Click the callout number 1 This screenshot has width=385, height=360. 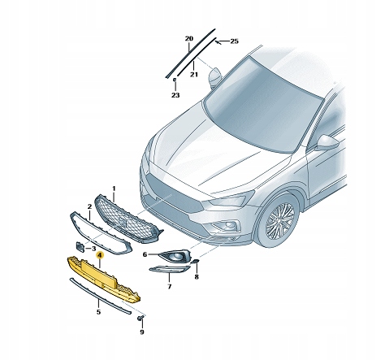point(114,188)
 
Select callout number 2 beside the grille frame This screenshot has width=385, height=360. point(89,207)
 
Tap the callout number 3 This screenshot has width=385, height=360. point(94,248)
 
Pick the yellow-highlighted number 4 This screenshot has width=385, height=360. point(99,254)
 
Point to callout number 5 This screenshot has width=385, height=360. point(98,310)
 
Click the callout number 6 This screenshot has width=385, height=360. point(145,254)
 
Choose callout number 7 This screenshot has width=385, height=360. point(168,287)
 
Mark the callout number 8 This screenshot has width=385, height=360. point(195,276)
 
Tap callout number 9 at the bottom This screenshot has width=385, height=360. point(141,332)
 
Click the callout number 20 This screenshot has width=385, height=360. point(188,38)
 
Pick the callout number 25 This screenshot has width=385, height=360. point(234,41)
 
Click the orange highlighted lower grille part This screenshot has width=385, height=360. point(106,276)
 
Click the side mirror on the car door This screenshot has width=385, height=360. point(326,143)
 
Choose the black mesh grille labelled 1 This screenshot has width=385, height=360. point(126,218)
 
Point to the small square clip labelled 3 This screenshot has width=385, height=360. point(80,245)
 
